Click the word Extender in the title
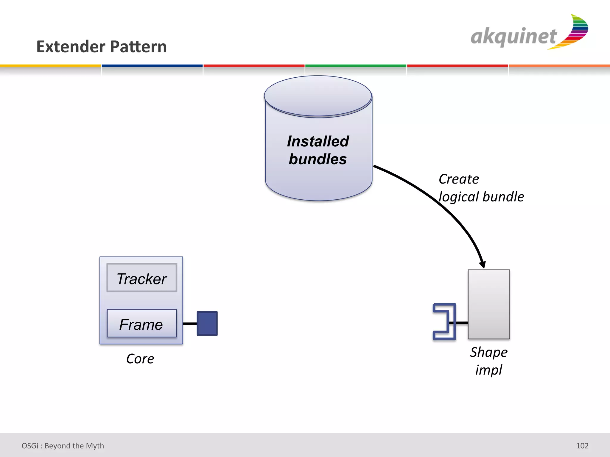(71, 47)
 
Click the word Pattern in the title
(139, 47)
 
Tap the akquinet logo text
(513, 37)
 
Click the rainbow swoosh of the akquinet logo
(575, 33)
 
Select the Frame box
(142, 324)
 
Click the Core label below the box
(140, 359)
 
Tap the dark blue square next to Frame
(207, 323)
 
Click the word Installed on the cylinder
(318, 141)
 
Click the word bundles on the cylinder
(318, 159)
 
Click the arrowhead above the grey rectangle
(482, 264)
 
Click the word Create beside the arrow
(459, 179)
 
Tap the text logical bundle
(481, 197)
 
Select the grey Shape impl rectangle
(489, 304)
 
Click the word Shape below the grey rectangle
(489, 352)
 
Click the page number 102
(582, 446)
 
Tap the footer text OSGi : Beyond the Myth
(63, 446)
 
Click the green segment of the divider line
(356, 66)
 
